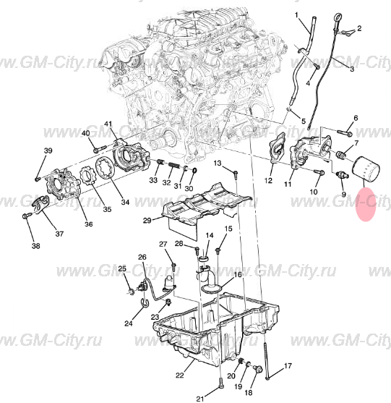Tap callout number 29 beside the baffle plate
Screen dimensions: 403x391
click(147, 220)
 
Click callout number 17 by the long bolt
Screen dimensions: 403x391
click(287, 366)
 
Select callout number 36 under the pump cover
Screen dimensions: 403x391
click(89, 224)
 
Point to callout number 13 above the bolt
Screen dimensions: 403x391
click(218, 164)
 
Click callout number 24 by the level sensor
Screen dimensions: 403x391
click(128, 323)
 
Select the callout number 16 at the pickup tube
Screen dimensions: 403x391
click(237, 275)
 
